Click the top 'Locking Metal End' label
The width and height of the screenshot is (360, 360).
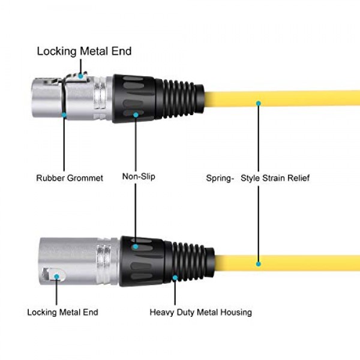coord(84,51)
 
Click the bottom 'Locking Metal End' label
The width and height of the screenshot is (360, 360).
coord(62,312)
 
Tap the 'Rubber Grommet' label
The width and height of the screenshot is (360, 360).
coord(70,178)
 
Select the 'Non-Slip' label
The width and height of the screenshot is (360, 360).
coord(139,176)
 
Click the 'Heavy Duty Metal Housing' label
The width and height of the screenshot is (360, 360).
coord(200,312)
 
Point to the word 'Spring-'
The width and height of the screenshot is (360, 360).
coord(220,178)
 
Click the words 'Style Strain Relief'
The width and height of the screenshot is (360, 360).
coord(275,178)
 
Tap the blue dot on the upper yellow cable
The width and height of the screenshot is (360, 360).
coord(259,103)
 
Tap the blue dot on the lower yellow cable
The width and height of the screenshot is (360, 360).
coord(259,263)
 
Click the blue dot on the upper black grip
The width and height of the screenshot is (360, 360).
coord(136,114)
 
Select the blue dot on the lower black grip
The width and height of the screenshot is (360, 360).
coord(136,246)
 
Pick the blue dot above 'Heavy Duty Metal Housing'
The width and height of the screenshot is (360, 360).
coord(175,278)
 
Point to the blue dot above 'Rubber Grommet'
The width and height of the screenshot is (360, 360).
coord(64,113)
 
